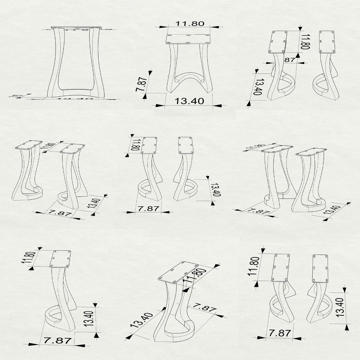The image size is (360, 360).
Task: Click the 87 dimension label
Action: click(x=290, y=60)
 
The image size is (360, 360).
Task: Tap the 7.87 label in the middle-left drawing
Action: click(x=58, y=213)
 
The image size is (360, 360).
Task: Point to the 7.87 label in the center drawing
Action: click(x=149, y=208)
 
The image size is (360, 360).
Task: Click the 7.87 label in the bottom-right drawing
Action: click(x=280, y=333)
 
